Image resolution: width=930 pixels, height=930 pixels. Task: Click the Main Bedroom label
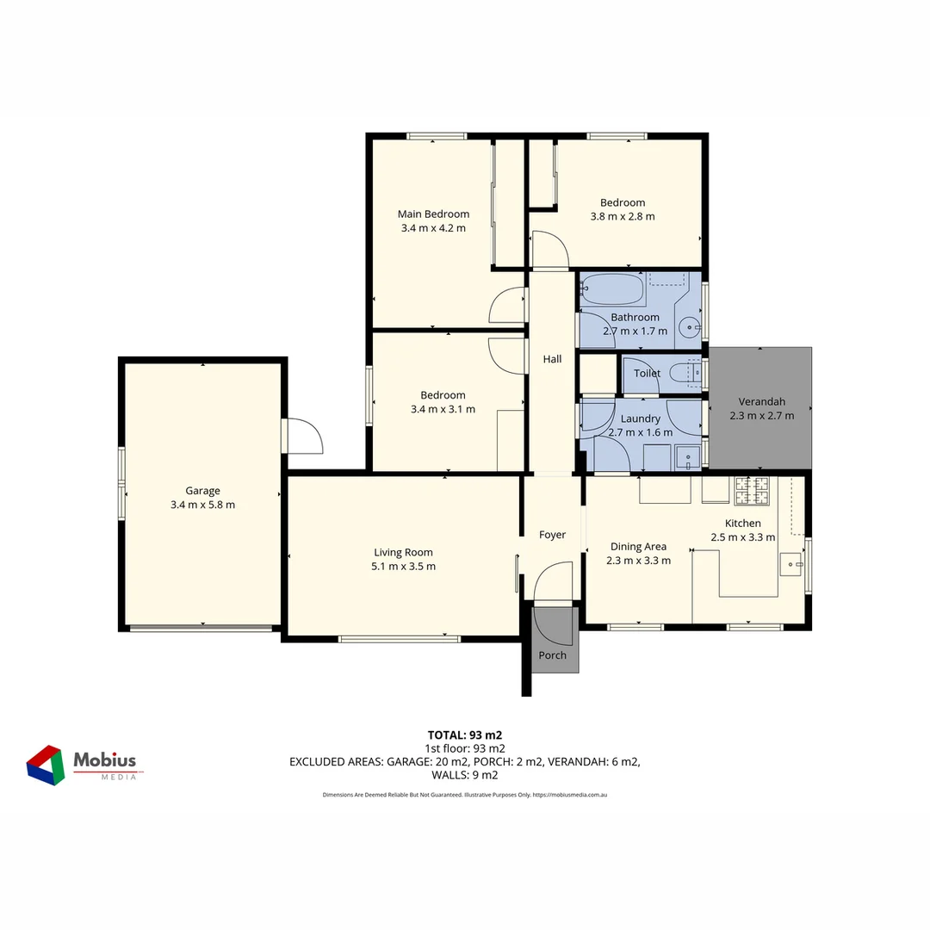pos(433,214)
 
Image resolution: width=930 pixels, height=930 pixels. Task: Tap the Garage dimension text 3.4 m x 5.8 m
pos(202,505)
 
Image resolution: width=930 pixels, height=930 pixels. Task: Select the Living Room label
pos(403,553)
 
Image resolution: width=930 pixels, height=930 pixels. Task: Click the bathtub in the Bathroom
pos(612,289)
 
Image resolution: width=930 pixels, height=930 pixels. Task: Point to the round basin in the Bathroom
pos(689,326)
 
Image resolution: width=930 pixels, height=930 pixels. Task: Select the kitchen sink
pos(790,564)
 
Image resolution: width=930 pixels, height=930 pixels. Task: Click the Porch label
pos(553,655)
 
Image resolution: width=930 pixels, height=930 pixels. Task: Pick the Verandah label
pos(762,401)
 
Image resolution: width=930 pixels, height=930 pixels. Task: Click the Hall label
pos(552,359)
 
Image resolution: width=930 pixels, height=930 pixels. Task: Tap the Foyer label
pos(552,535)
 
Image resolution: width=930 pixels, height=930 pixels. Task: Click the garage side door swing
pos(304,436)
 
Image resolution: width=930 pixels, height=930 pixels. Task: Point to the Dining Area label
pos(638,546)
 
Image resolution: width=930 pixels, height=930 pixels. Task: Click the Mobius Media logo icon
pos(46,765)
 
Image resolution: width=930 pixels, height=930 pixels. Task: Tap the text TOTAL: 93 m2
pos(464,735)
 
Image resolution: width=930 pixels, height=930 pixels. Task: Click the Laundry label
pos(640,418)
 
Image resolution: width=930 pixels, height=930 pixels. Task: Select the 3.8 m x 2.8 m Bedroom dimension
pos(622,216)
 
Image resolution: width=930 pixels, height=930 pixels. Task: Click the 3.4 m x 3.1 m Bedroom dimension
pos(443,409)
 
